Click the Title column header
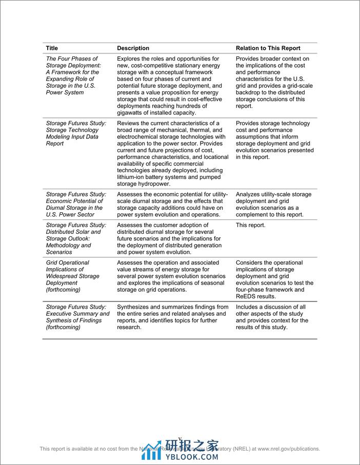coord(52,48)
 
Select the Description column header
coord(133,48)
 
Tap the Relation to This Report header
coord(268,48)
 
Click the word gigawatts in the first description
coord(132,113)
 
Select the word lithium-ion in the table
coord(132,177)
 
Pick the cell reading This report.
coord(251,225)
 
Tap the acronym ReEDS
coord(246,296)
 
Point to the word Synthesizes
coord(135,307)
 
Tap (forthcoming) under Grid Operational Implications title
coord(63,289)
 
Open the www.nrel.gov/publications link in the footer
coord(289,449)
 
